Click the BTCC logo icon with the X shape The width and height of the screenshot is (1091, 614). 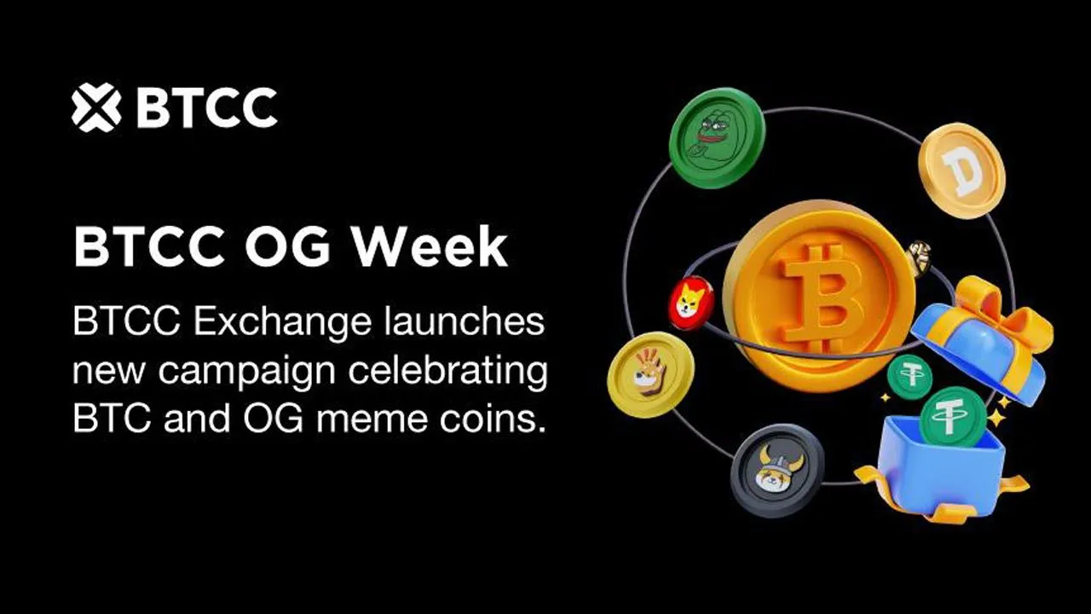pyautogui.click(x=96, y=107)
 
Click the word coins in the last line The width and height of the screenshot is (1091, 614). pyautogui.click(x=492, y=419)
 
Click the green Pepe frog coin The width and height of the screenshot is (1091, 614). pyautogui.click(x=716, y=138)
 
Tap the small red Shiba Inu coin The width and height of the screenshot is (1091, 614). pyautogui.click(x=691, y=302)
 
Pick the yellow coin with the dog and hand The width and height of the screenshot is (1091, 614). pyautogui.click(x=650, y=374)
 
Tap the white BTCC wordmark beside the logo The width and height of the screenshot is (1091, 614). pyautogui.click(x=206, y=107)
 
